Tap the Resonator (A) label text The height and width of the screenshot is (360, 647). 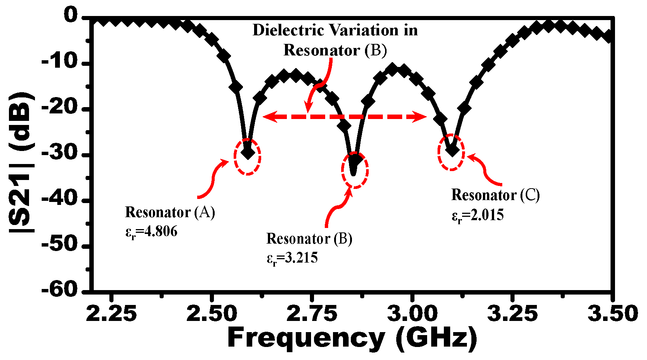pyautogui.click(x=170, y=212)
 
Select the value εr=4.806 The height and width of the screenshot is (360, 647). pyautogui.click(x=151, y=232)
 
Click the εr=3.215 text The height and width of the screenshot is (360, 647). pyautogui.click(x=292, y=258)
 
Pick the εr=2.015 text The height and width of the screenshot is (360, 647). pyautogui.click(x=477, y=215)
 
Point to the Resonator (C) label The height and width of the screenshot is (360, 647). pyautogui.click(x=495, y=195)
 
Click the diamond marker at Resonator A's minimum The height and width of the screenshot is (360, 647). pyautogui.click(x=248, y=152)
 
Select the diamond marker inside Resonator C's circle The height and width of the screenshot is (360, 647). pyautogui.click(x=452, y=150)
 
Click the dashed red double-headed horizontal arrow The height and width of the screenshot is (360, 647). pyautogui.click(x=344, y=117)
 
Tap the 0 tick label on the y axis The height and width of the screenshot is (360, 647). pyautogui.click(x=71, y=16)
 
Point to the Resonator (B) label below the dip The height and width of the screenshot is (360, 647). pyautogui.click(x=309, y=239)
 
